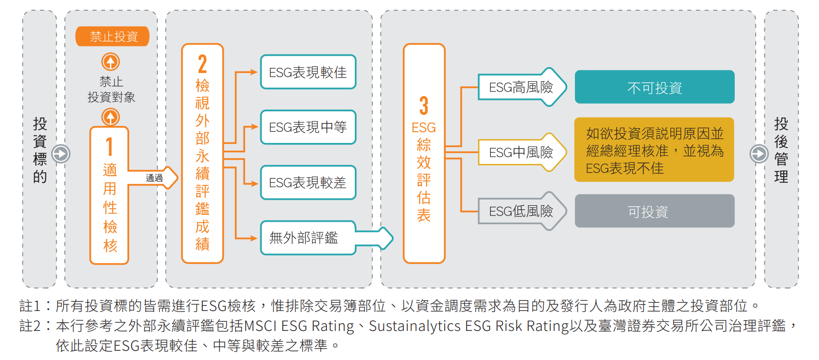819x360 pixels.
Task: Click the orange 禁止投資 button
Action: click(112, 36)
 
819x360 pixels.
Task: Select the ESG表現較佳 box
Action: click(308, 72)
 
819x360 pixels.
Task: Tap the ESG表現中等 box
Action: click(308, 127)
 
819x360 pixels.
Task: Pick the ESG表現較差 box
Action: click(308, 182)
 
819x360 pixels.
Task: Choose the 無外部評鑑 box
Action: click(308, 238)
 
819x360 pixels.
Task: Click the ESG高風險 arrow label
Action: click(522, 87)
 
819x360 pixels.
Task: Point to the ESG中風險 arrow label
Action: click(522, 152)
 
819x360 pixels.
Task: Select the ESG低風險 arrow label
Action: click(522, 211)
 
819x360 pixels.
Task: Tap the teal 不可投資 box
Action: click(655, 87)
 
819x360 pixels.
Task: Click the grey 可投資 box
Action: click(655, 211)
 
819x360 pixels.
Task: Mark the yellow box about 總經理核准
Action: click(654, 150)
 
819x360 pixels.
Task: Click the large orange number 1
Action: click(109, 147)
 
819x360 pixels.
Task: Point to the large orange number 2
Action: click(202, 64)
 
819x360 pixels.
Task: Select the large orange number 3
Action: click(424, 106)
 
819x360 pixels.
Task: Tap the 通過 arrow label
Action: click(154, 178)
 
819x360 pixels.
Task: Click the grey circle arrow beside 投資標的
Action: click(61, 154)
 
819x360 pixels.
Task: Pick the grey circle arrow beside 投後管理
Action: click(759, 154)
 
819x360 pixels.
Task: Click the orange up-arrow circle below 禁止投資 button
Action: click(110, 61)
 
